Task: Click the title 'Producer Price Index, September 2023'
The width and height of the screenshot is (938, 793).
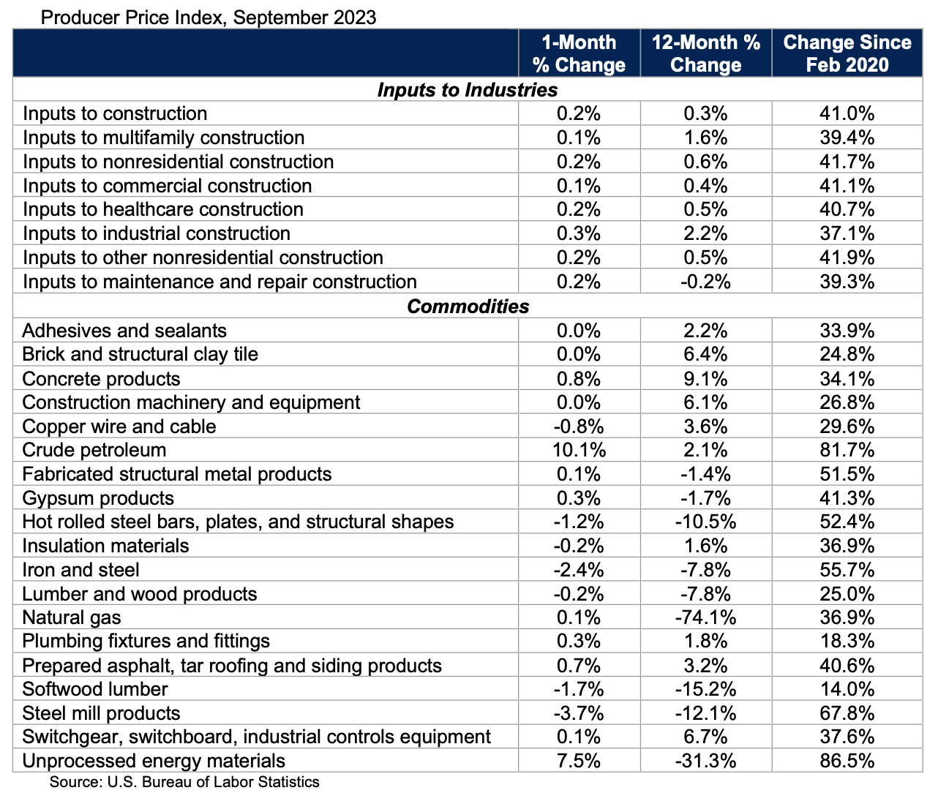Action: pos(209,17)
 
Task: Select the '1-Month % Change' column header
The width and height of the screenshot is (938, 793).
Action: pos(579,53)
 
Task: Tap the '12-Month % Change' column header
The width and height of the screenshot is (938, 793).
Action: pos(705,53)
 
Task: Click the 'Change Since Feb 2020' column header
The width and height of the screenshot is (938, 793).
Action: pos(847,53)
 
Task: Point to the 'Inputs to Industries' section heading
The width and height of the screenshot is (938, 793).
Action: pos(467,90)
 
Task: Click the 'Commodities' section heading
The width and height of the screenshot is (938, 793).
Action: pos(468,306)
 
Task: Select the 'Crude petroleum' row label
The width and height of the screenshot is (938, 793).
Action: pos(94,450)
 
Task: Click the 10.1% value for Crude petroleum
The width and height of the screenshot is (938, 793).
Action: pos(579,450)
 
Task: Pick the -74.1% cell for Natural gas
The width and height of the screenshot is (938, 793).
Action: pos(705,617)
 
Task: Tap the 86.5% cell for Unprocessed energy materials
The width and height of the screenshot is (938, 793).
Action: pos(847,761)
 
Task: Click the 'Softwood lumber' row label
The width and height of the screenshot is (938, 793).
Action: pos(95,689)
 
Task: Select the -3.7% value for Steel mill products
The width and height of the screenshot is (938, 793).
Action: pos(579,713)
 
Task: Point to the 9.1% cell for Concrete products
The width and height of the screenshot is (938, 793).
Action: pos(705,379)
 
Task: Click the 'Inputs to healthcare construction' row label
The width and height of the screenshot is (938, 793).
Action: pos(163,209)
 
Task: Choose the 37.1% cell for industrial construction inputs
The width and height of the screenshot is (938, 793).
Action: pos(847,233)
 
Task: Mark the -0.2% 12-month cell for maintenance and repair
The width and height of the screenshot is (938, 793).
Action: pos(705,282)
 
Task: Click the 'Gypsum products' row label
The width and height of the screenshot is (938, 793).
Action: pos(98,498)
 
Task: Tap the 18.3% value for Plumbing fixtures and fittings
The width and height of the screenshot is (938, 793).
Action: pos(847,641)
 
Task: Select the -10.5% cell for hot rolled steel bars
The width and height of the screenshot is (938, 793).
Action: pos(705,522)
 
